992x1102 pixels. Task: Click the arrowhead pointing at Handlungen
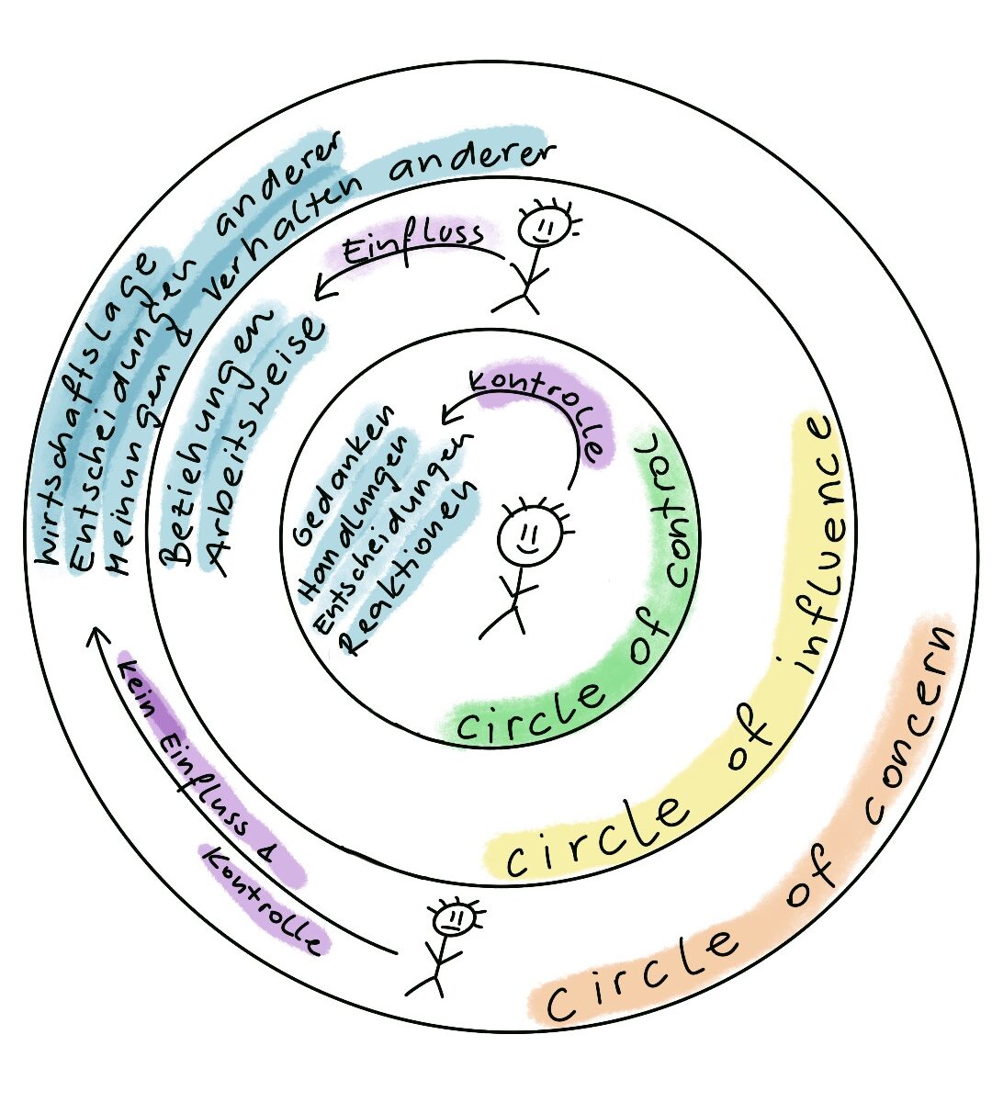[x=446, y=417]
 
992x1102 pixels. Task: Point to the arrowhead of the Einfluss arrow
[x=318, y=293]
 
